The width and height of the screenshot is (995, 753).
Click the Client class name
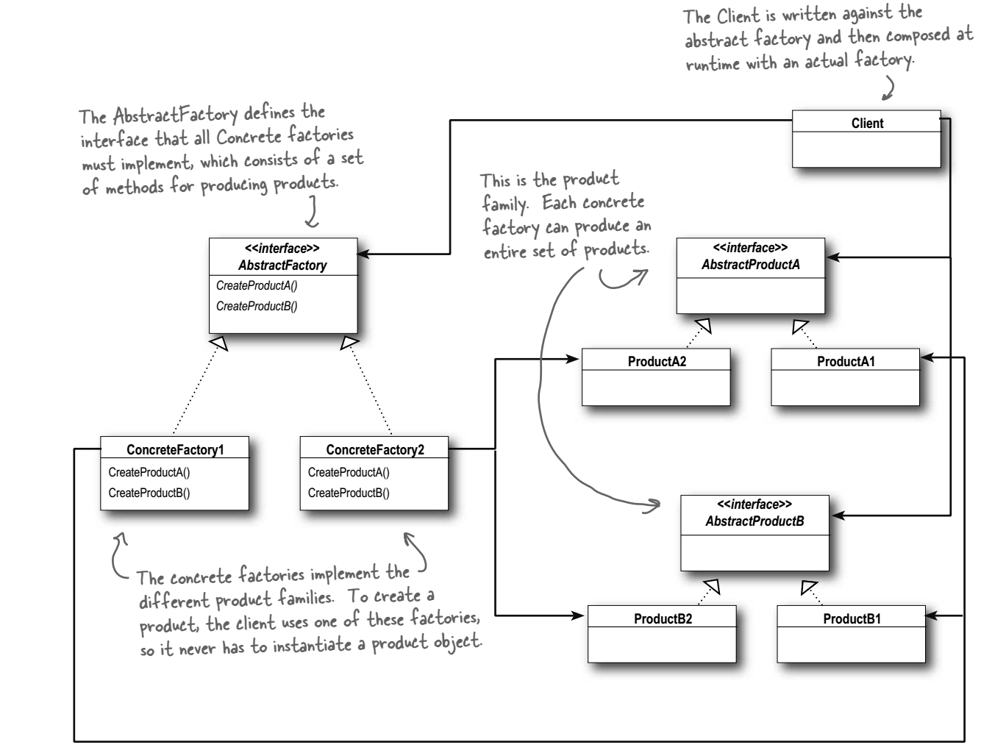coord(866,124)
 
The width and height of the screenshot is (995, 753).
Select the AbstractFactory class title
coord(282,265)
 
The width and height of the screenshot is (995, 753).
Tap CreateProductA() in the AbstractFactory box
coord(257,285)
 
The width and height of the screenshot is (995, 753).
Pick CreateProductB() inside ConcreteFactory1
coord(149,493)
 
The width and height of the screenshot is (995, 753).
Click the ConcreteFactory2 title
coord(375,449)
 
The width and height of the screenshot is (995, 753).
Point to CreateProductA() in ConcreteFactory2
coord(349,472)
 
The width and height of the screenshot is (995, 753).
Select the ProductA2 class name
coord(657,361)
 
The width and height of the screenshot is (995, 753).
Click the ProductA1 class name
coord(846,361)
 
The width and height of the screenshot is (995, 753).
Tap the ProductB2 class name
coord(663,618)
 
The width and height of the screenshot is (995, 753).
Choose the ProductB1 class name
coord(852,618)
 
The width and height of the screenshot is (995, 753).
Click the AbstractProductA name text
coord(751,264)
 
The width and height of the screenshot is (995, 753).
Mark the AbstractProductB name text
coord(755,521)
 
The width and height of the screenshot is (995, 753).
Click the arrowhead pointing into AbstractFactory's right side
coord(363,254)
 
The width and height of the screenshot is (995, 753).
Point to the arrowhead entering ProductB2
coord(577,615)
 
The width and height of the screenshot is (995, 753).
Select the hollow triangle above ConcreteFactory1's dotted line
coord(219,343)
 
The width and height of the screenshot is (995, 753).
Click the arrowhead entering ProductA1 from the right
coord(927,357)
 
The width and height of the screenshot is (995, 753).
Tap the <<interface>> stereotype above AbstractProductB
coord(755,504)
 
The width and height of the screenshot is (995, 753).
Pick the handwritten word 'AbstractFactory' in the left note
coord(176,115)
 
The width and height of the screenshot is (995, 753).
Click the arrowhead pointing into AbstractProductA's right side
coord(833,257)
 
